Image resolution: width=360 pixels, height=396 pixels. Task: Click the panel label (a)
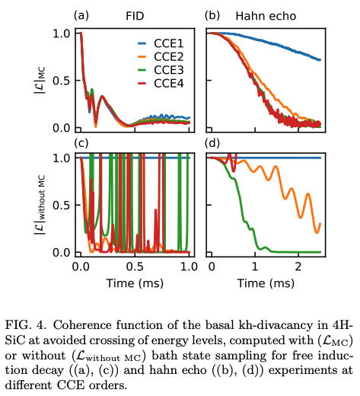coord(81,15)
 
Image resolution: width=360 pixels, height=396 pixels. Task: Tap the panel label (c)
coord(81,142)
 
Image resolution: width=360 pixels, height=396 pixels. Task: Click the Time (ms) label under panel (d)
coord(266,283)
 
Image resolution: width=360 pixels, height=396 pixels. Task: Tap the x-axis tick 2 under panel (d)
coord(299,267)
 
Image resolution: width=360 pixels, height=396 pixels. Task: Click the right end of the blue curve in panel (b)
coord(320,59)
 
